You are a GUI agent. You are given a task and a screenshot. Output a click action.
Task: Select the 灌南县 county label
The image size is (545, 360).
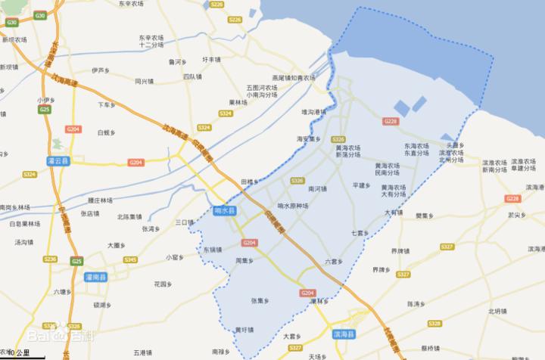click(98, 278)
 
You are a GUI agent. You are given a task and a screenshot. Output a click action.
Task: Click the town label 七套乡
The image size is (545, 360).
click(360, 233)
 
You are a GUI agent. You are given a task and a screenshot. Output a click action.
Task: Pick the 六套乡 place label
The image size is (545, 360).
click(333, 262)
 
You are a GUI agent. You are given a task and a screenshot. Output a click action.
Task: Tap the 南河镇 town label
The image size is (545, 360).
click(317, 188)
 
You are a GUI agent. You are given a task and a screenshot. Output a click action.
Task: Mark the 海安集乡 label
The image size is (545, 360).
click(308, 139)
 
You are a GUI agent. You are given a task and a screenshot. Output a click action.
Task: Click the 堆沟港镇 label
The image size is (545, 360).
click(313, 113)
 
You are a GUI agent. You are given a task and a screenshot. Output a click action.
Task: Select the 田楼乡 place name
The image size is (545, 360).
click(249, 182)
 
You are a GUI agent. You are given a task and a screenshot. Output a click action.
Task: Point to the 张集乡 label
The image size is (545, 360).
click(260, 300)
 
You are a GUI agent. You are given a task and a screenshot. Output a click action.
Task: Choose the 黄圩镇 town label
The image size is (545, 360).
click(244, 330)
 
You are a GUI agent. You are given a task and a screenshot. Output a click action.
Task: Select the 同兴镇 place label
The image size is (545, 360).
click(144, 81)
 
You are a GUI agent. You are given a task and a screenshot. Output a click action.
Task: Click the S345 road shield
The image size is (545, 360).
click(130, 260)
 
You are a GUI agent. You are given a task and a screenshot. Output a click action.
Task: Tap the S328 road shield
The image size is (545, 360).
click(434, 324)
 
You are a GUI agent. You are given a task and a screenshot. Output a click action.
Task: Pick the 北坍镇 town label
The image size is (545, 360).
click(497, 310)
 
